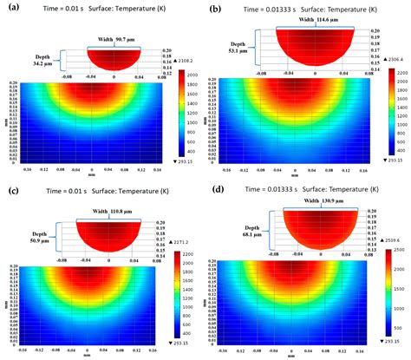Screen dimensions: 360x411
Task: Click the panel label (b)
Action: click(218, 7)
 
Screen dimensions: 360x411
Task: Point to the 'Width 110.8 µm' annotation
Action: click(114, 212)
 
